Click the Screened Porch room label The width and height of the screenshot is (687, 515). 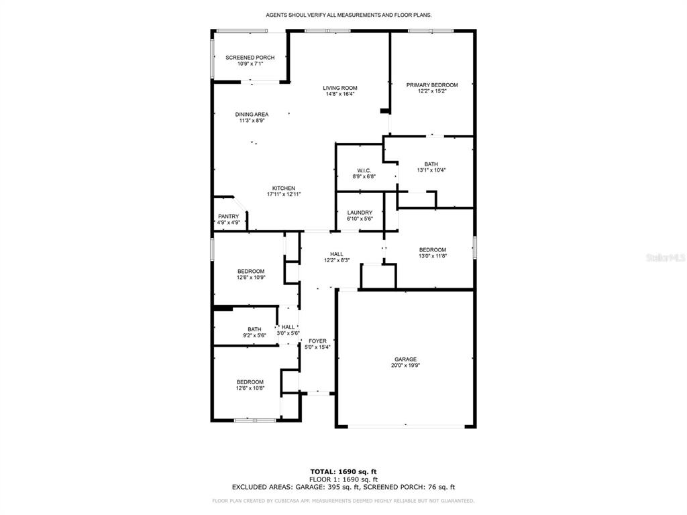(x=250, y=58)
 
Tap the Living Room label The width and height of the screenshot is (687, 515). (x=340, y=88)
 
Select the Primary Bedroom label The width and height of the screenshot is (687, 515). (x=432, y=85)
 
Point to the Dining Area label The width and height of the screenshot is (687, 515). (x=252, y=114)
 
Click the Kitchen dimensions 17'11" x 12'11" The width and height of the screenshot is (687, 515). (x=284, y=194)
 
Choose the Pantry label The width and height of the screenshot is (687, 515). (x=229, y=217)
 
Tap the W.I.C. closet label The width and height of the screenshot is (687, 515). (x=364, y=170)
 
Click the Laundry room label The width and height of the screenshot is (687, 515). (x=360, y=213)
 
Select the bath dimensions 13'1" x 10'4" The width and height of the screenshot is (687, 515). (x=431, y=170)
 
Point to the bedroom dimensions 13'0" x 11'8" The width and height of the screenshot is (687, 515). (x=433, y=256)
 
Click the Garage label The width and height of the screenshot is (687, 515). (x=405, y=359)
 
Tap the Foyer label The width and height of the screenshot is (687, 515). (x=317, y=341)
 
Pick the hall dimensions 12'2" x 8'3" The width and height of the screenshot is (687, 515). (x=337, y=260)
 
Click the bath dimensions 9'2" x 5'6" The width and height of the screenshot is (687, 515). (x=254, y=335)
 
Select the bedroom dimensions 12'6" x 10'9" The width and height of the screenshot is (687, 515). (x=251, y=277)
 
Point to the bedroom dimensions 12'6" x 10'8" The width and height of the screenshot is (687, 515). (x=250, y=388)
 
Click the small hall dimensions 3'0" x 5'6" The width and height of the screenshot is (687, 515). (x=288, y=333)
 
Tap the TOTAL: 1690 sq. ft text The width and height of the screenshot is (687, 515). (x=343, y=471)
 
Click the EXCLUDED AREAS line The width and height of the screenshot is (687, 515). (x=343, y=487)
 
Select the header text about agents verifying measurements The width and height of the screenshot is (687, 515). (x=349, y=15)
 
